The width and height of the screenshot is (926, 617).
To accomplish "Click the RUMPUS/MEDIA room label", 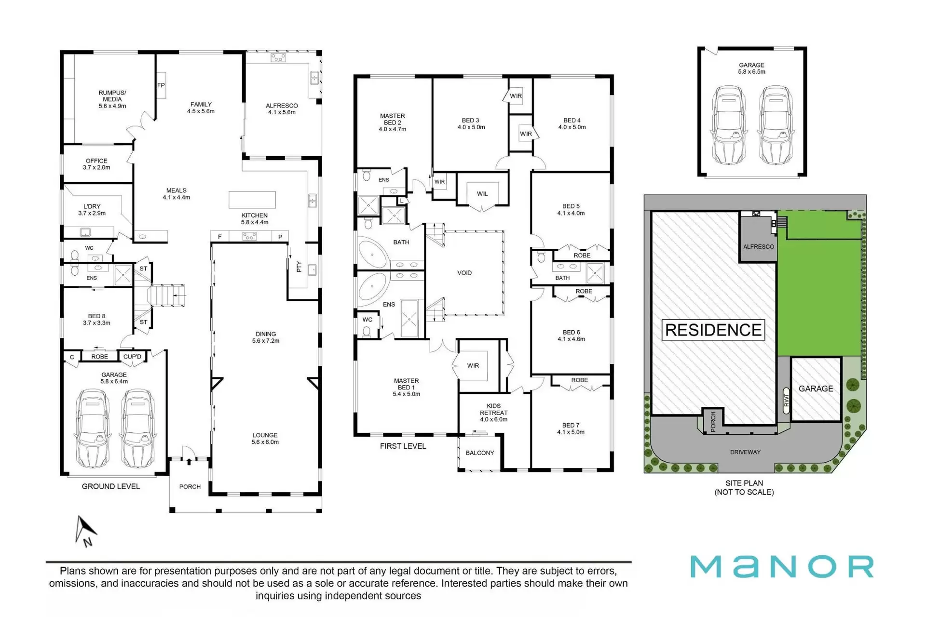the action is (x=112, y=99).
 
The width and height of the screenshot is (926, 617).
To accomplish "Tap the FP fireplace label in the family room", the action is (x=161, y=85).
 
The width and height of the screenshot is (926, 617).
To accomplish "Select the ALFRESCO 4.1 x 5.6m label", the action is (x=282, y=109).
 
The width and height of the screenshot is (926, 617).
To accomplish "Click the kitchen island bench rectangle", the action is (x=252, y=200).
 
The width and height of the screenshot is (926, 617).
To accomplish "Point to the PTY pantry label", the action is (x=299, y=267).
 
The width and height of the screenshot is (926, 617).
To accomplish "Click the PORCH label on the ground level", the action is (x=190, y=487).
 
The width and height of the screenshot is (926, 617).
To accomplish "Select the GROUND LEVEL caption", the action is (x=111, y=486).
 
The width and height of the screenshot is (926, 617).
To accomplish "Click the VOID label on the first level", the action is (x=464, y=273).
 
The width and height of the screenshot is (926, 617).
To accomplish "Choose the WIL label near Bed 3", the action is (x=482, y=194).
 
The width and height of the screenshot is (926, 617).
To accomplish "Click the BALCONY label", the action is (x=480, y=453).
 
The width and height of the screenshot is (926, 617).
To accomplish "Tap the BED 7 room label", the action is (x=571, y=429).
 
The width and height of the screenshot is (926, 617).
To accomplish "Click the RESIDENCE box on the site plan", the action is (x=713, y=330).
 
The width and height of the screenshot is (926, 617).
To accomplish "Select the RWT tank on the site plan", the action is (x=786, y=400).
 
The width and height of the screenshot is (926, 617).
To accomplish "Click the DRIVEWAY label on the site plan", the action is (x=745, y=452).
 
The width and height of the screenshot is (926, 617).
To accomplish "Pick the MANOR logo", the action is (x=782, y=567).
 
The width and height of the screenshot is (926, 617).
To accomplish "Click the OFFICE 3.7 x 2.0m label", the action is (x=96, y=164).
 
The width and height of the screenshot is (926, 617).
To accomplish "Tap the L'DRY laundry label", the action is (x=92, y=210).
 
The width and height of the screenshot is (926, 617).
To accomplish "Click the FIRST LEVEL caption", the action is (x=403, y=446).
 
